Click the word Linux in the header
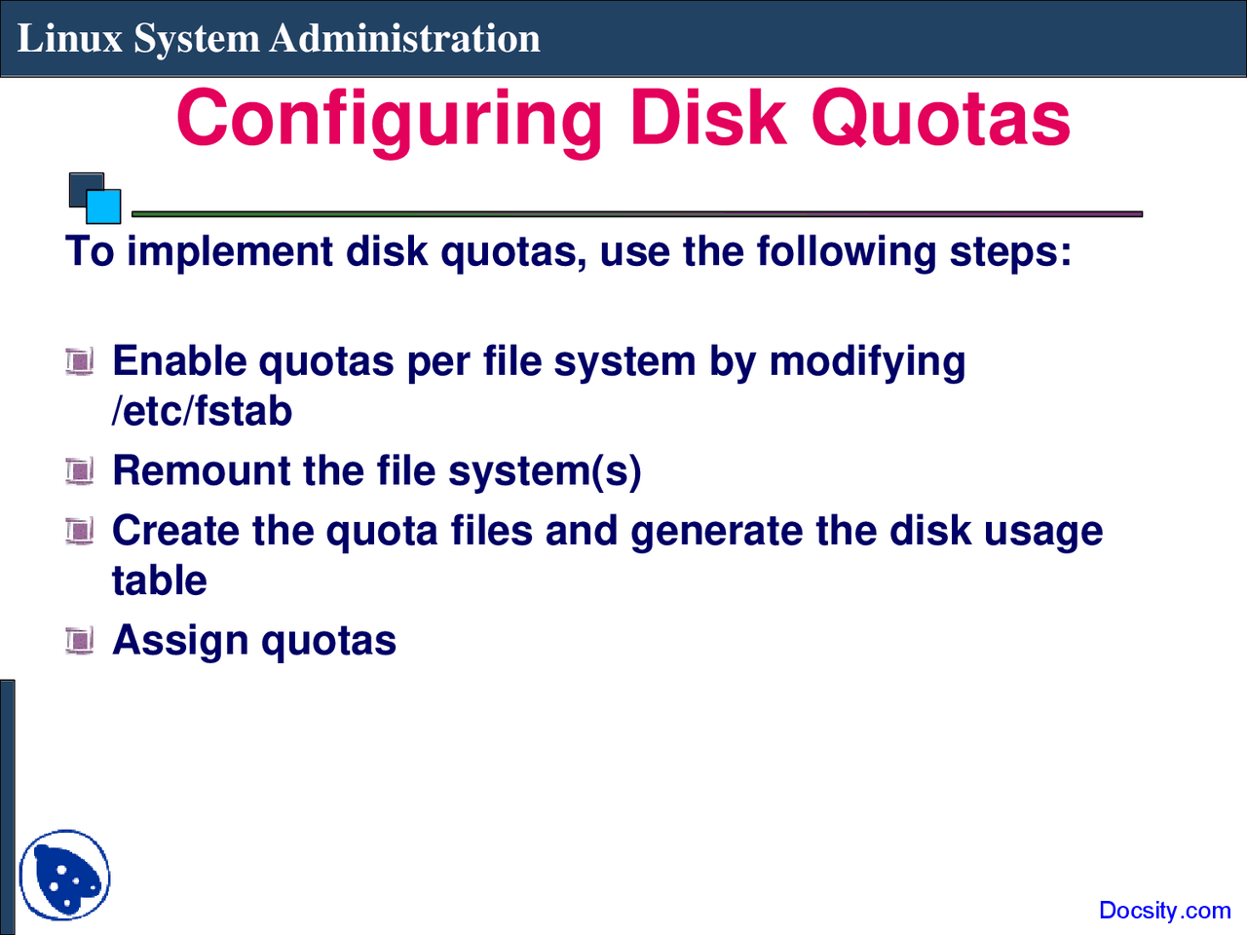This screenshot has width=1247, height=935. [x=70, y=39]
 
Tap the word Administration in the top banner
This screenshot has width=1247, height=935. [x=404, y=39]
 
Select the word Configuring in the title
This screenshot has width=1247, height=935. [x=389, y=121]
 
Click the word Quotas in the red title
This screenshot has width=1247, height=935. [x=941, y=118]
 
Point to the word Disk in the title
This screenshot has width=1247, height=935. [x=707, y=118]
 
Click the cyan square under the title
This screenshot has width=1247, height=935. [x=103, y=206]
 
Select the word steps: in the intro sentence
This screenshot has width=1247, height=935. [x=1010, y=252]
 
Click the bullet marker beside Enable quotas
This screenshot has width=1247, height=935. [x=80, y=361]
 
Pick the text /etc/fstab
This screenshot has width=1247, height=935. [x=202, y=411]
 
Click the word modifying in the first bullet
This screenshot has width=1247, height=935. [x=867, y=362]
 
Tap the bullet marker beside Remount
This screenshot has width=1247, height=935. [x=80, y=471]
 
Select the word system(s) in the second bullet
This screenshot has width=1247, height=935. [x=545, y=471]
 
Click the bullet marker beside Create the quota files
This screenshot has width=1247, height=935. [x=80, y=532]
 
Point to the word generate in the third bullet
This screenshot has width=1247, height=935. [x=717, y=532]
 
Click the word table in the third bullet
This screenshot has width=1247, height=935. [x=160, y=580]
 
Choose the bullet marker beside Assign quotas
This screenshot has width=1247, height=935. [x=80, y=641]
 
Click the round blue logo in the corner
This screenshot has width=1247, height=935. [x=64, y=875]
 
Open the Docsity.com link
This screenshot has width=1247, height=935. [x=1164, y=910]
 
